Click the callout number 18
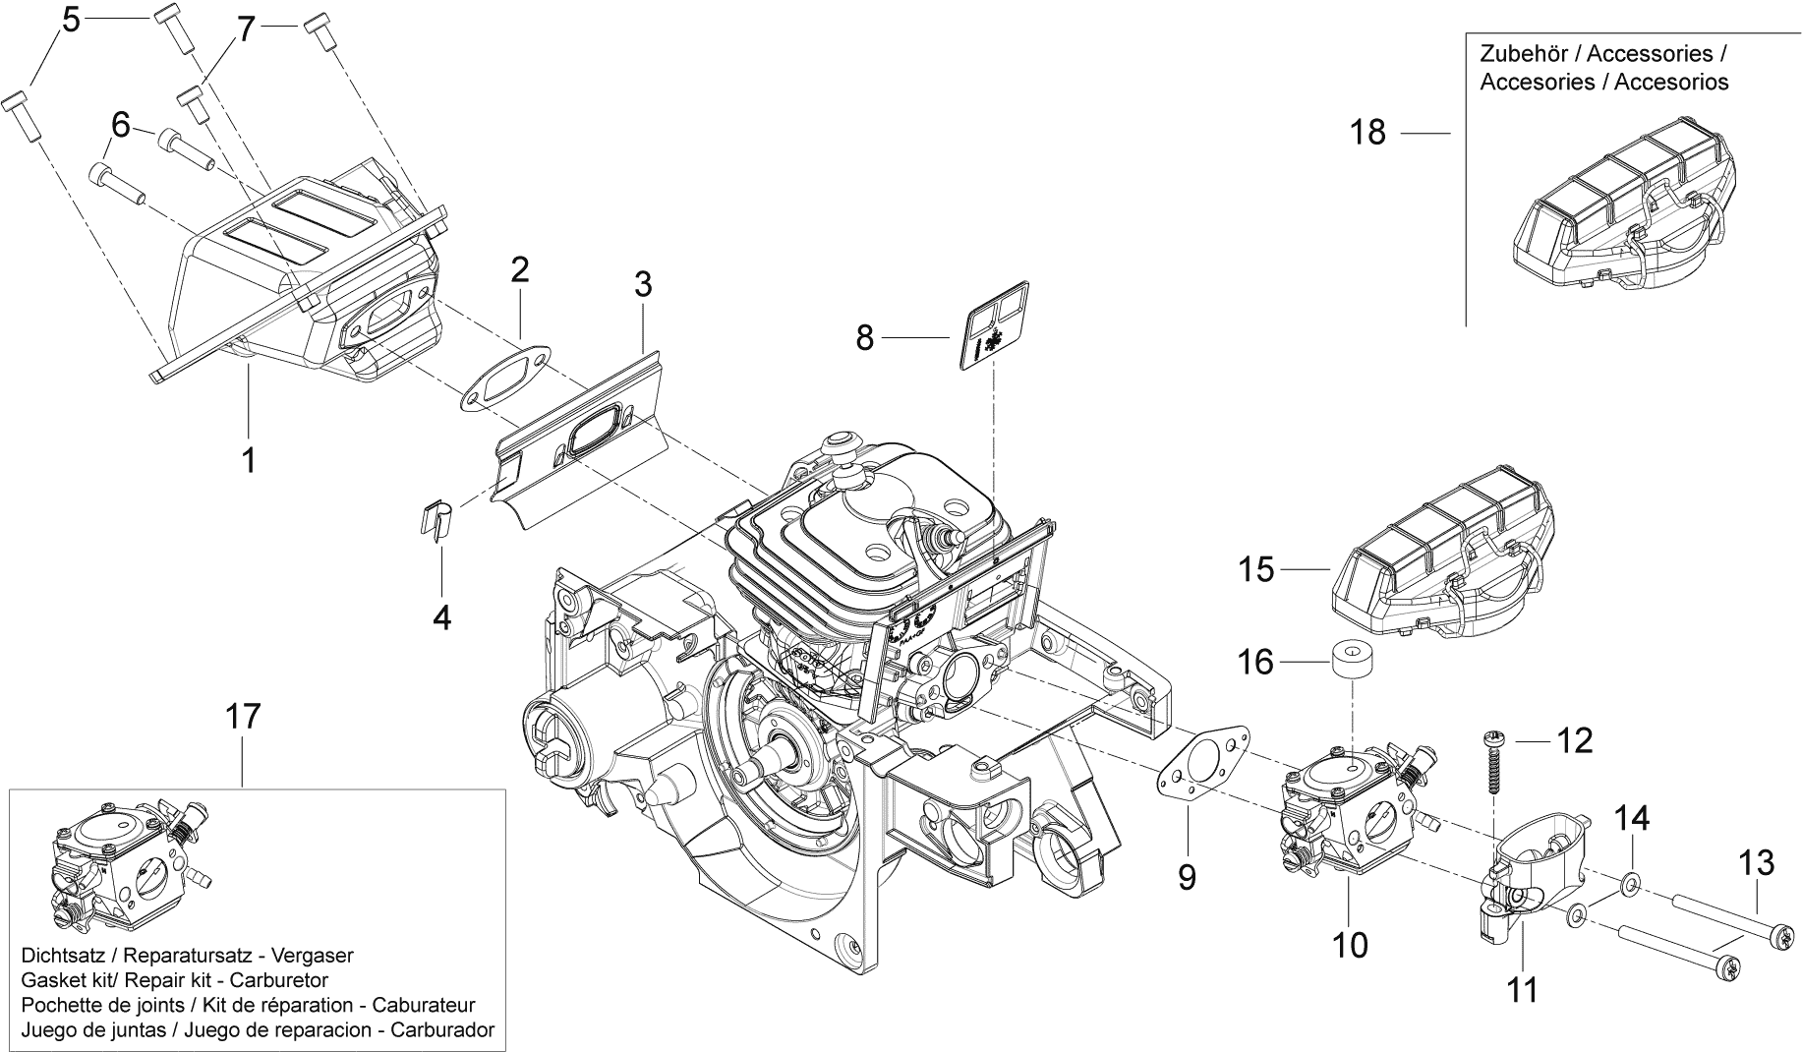pyautogui.click(x=1367, y=132)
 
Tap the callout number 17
pyautogui.click(x=244, y=716)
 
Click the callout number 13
pyautogui.click(x=1756, y=863)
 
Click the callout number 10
pyautogui.click(x=1350, y=945)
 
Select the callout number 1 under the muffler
pyautogui.click(x=249, y=458)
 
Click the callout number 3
pyautogui.click(x=642, y=285)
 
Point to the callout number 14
pyautogui.click(x=1633, y=818)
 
